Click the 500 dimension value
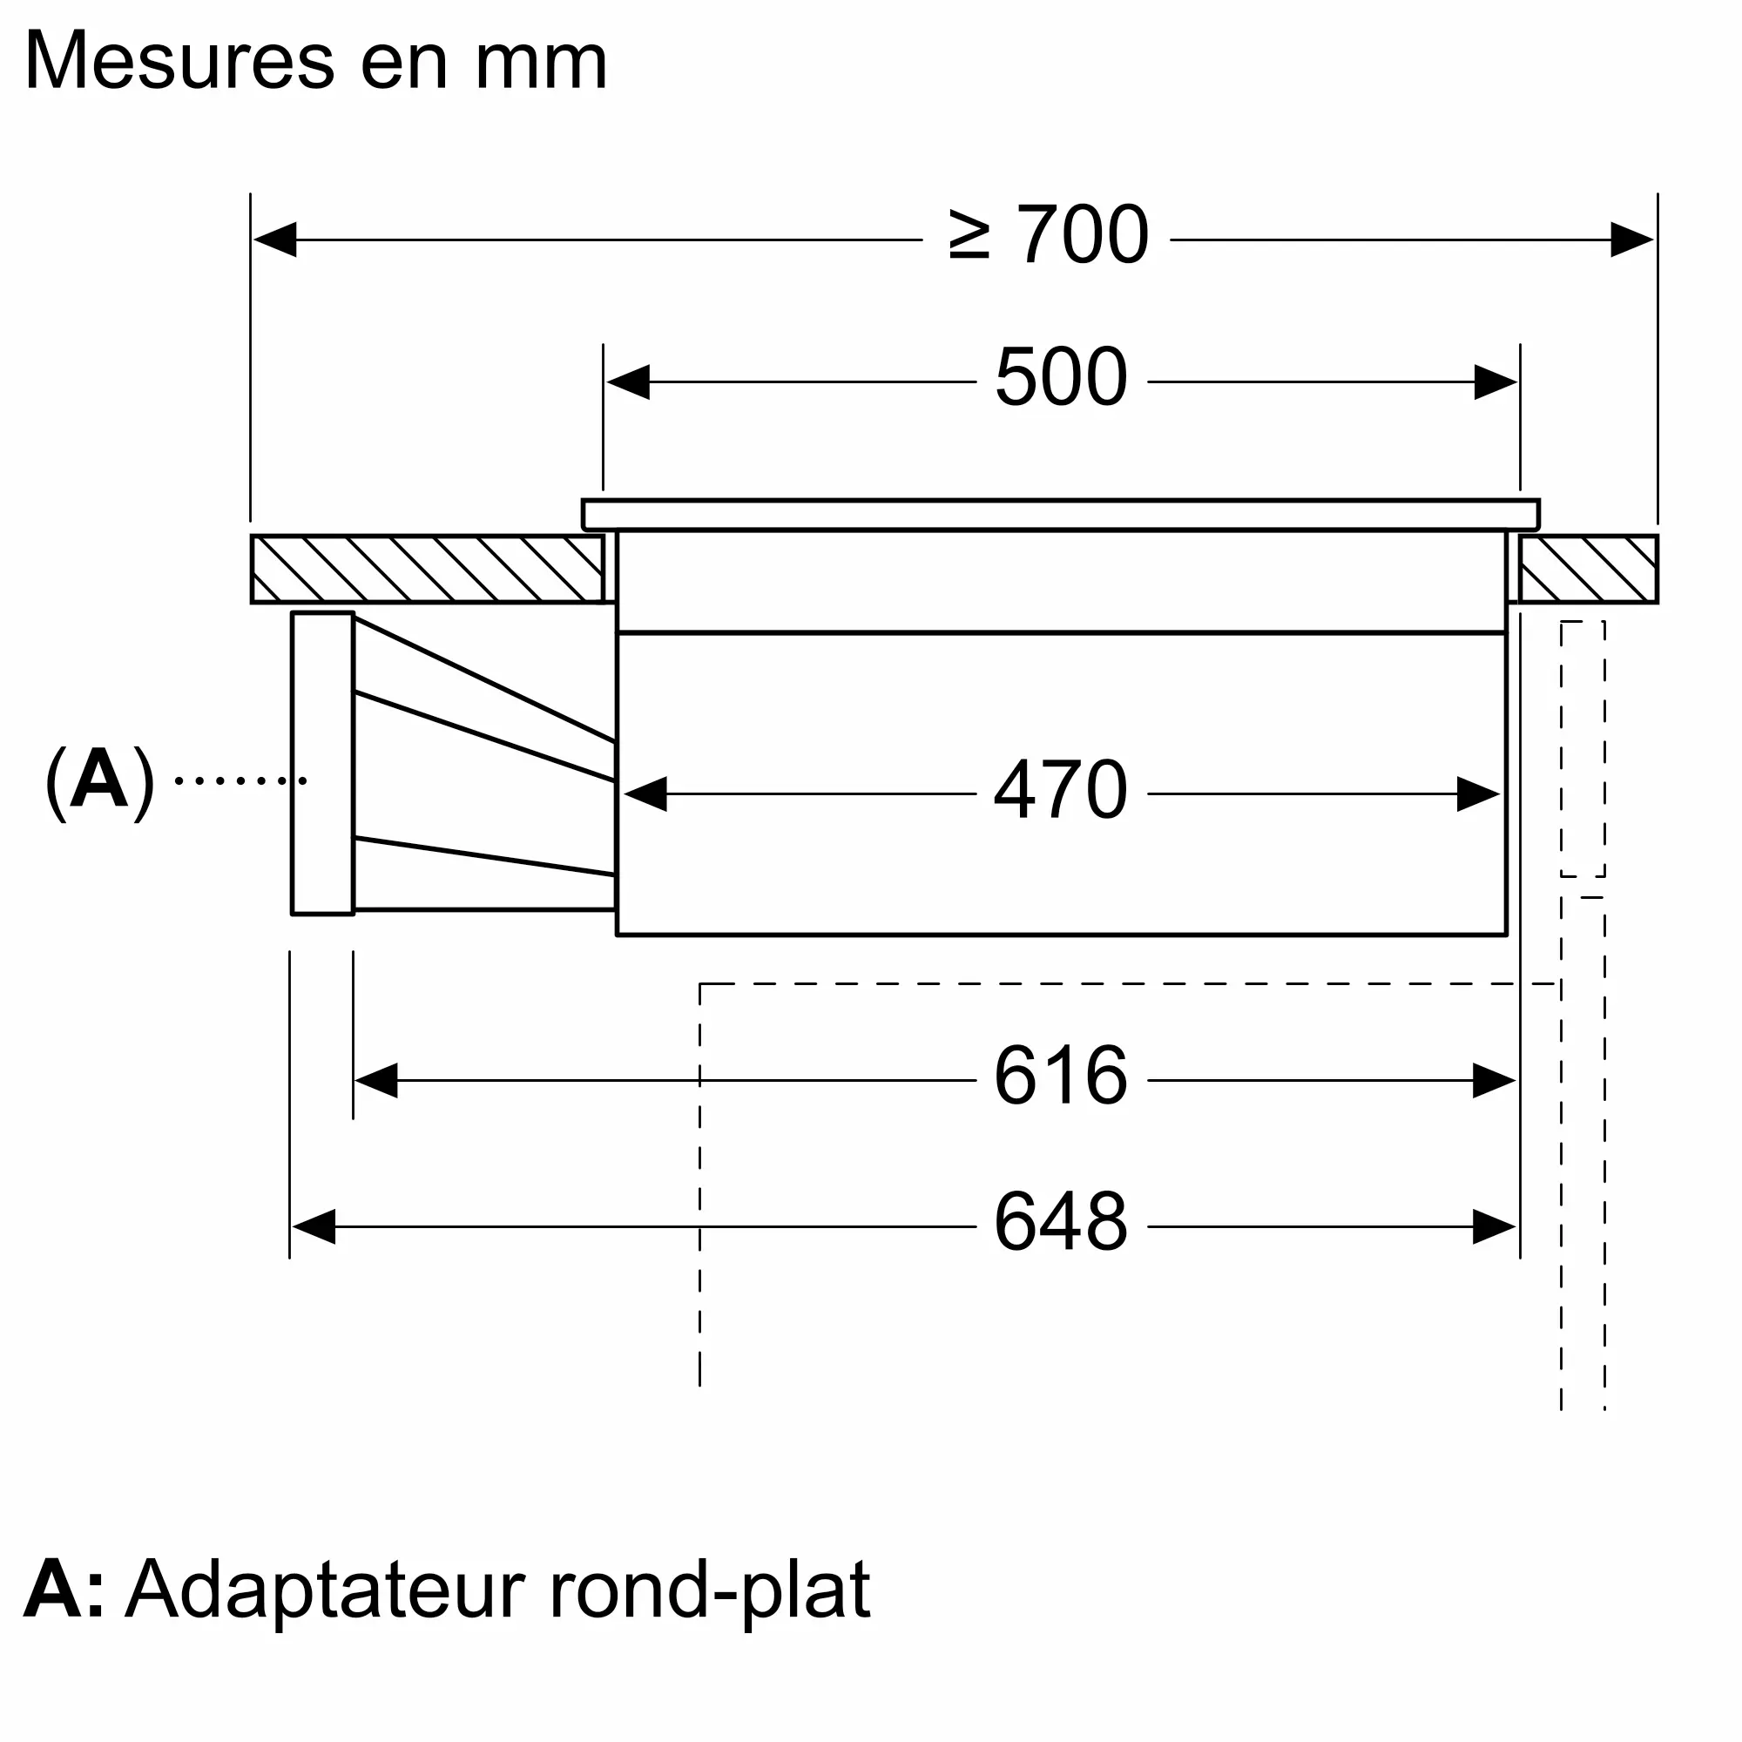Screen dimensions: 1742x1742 click(1061, 377)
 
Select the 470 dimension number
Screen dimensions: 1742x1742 click(1061, 790)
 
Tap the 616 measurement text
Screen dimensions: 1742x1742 click(1061, 1076)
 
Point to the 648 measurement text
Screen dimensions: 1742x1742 click(1061, 1223)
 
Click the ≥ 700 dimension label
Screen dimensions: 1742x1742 click(1050, 235)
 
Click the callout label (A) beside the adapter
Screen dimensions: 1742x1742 click(99, 780)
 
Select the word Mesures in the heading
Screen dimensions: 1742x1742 click(180, 61)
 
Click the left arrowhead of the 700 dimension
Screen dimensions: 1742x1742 click(275, 239)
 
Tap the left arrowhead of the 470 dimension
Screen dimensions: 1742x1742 click(645, 794)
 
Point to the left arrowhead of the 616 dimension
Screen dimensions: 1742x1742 click(377, 1080)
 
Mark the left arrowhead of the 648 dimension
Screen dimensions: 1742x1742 click(314, 1227)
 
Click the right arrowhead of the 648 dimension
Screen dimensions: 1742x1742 click(1494, 1227)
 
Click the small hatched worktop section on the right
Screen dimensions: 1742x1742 click(1589, 569)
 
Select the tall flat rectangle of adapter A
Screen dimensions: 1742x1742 click(323, 763)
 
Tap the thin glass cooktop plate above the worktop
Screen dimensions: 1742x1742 click(1061, 515)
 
